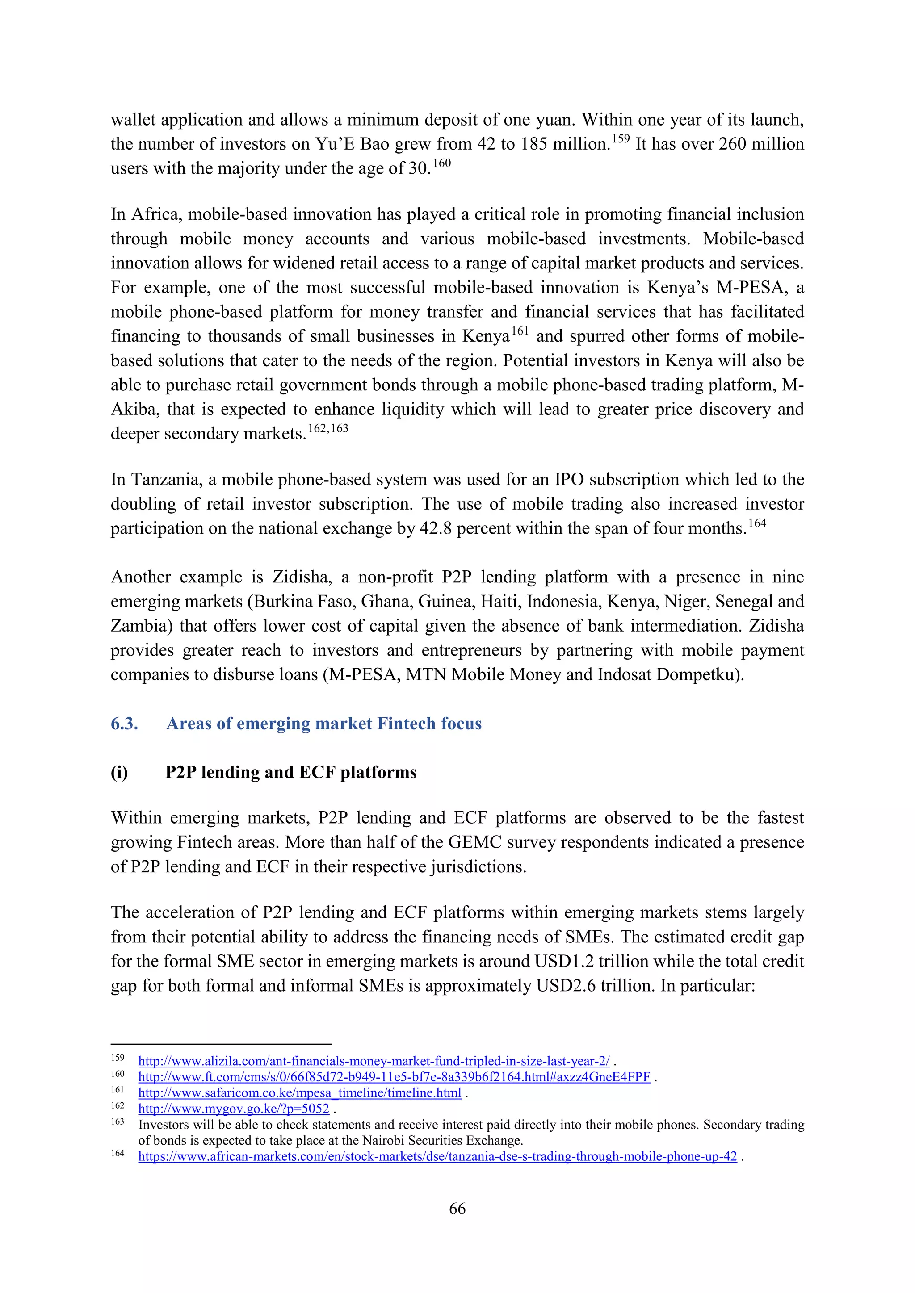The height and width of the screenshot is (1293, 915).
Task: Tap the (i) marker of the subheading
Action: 119,772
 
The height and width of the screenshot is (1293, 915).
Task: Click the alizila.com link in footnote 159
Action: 374,1061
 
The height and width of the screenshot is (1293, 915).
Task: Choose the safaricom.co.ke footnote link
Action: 300,1092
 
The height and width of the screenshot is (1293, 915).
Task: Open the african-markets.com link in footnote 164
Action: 437,1156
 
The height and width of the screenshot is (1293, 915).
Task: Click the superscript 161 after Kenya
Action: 520,331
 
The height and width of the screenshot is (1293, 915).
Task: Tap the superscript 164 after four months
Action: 757,523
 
